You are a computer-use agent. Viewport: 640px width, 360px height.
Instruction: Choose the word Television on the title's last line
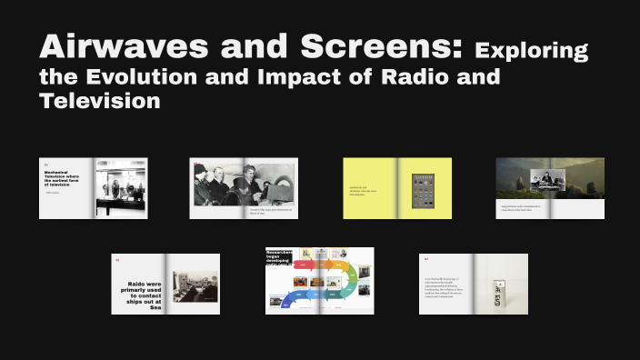(100, 101)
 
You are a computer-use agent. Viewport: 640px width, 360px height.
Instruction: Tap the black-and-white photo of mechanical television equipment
(121, 186)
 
